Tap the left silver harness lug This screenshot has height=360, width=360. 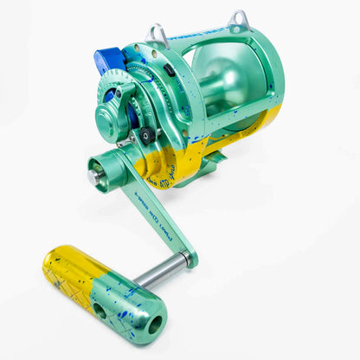[x=157, y=35]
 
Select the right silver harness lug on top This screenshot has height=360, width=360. [x=239, y=19]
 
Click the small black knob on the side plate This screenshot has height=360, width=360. [x=146, y=135]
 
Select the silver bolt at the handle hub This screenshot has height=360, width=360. [x=93, y=177]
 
